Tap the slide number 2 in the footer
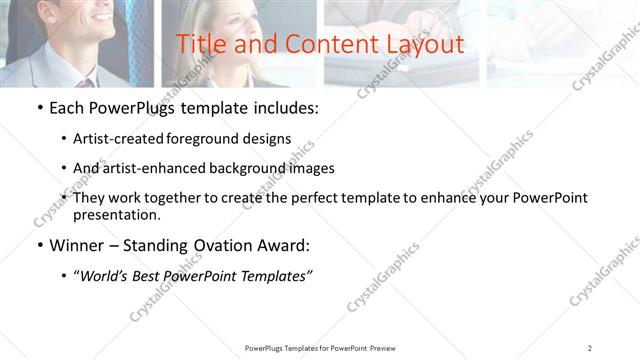coord(589,347)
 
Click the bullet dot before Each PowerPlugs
coord(39,109)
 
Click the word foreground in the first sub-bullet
coord(216,139)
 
